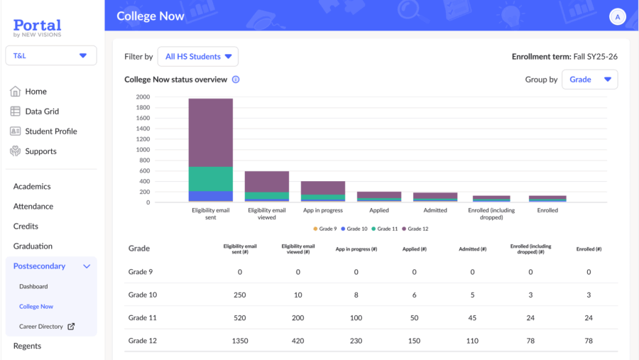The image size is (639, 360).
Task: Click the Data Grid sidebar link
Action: coord(41,111)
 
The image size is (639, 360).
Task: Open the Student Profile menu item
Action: coord(50,131)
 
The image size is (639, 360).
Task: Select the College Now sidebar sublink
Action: coord(36,307)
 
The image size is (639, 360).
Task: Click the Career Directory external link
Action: coord(47,327)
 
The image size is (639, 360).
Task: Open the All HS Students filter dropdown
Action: coord(198,57)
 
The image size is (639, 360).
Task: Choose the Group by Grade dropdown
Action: coord(589,80)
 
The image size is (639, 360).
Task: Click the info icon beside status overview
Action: coord(236,80)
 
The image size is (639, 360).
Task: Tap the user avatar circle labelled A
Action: coord(617,17)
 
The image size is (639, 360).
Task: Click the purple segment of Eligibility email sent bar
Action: coord(210,132)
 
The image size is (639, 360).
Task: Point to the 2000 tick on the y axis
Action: coord(143,97)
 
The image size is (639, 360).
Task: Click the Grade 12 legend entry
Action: coord(415,229)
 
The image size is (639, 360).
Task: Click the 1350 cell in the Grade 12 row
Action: coord(240,341)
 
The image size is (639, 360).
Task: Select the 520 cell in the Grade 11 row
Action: coord(240,318)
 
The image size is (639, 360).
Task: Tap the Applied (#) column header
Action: coord(414,249)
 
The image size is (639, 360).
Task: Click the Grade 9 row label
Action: coord(141,272)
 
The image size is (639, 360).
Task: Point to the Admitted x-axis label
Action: coord(435,210)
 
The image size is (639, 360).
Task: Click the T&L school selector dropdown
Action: coord(51,55)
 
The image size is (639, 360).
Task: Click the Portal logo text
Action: coord(37,25)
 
